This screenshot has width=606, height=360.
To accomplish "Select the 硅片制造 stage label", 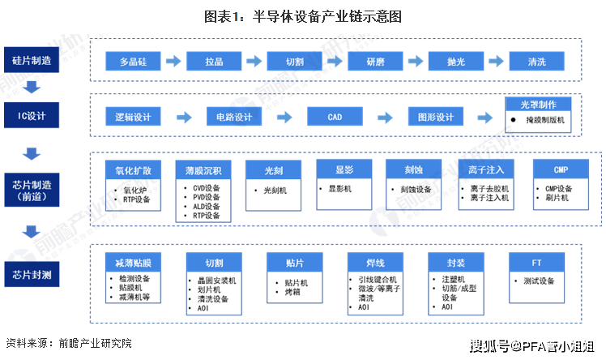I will [x=32, y=60].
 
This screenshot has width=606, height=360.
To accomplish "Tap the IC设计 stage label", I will [x=32, y=115].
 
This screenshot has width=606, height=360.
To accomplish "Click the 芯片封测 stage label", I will [x=32, y=275].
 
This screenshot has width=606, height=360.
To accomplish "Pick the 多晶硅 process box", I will [x=134, y=62].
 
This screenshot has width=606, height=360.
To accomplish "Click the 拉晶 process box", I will [x=215, y=62].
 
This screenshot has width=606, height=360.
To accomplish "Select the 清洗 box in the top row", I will [x=536, y=62].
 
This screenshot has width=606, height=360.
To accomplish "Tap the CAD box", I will [x=335, y=118].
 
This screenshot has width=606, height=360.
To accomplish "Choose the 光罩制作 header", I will [x=537, y=105].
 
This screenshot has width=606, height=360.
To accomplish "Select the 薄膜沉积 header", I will [x=203, y=170].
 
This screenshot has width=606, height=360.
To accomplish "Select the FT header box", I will [x=536, y=263].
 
